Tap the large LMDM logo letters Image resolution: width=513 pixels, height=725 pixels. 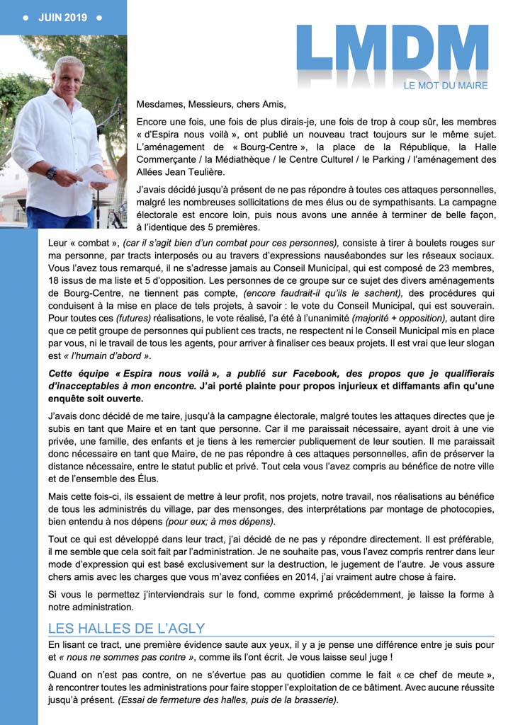coord(392,51)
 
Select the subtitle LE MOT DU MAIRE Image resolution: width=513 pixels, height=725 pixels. coord(446,86)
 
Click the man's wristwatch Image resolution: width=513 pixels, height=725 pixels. coord(51,172)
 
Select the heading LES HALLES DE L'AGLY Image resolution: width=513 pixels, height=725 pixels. coord(126,628)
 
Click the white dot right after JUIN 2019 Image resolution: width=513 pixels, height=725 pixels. coord(98,17)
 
